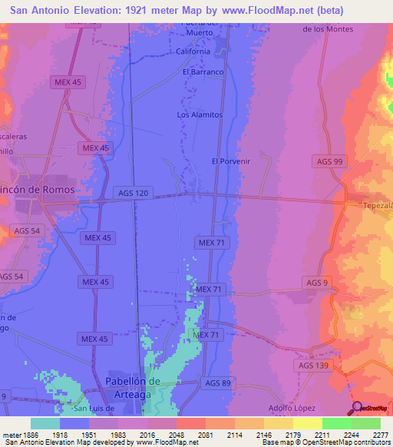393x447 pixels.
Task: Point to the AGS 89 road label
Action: tap(218, 382)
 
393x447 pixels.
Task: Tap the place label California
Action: tap(193, 51)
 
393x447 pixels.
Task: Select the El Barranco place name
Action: tap(202, 72)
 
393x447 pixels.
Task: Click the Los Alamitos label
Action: tap(200, 114)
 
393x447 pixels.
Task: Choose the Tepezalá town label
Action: tap(378, 206)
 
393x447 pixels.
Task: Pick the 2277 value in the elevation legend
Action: tap(380, 435)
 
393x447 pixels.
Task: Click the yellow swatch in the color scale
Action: tap(307, 423)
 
